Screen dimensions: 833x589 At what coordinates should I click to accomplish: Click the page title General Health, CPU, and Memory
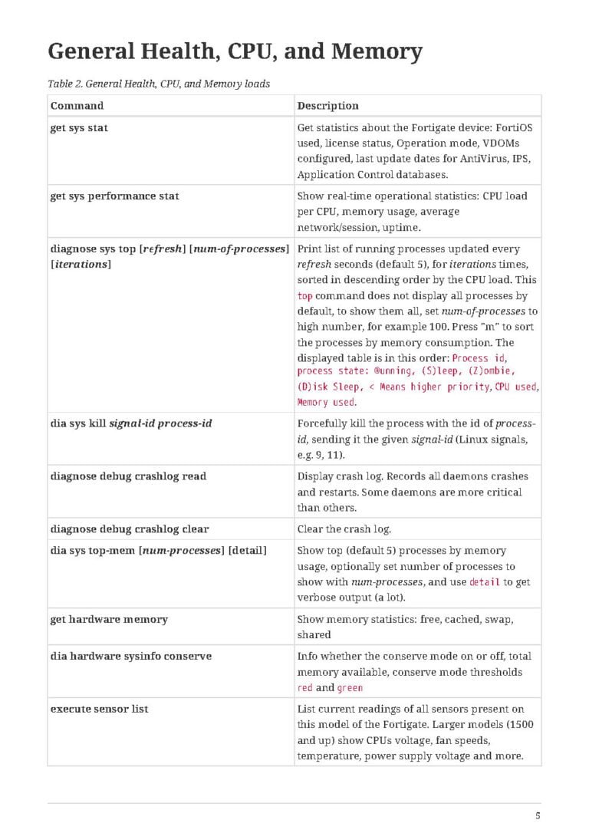pos(235,51)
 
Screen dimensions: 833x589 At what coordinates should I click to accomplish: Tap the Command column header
pos(77,105)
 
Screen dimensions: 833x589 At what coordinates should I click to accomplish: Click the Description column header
pos(327,105)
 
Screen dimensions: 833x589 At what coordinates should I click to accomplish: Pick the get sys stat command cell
pos(79,128)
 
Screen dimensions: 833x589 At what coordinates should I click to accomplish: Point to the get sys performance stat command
pos(114,196)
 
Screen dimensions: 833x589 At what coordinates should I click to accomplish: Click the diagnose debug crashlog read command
pos(128,476)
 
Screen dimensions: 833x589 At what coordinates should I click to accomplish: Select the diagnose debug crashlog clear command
pos(130,529)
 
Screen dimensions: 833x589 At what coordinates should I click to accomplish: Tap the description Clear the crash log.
pos(344,529)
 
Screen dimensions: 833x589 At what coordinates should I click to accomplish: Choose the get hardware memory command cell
pos(109,619)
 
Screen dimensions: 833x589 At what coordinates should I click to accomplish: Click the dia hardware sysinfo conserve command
pos(131,657)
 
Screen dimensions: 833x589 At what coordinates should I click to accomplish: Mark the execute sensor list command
pos(99,709)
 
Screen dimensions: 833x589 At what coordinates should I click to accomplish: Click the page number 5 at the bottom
pos(538,816)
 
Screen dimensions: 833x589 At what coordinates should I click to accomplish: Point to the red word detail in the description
pos(485,582)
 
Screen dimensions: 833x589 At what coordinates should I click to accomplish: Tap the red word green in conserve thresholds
pos(350,688)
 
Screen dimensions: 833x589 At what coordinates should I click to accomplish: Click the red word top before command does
pos(304,296)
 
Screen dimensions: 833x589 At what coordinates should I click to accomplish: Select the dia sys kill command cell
pos(131,423)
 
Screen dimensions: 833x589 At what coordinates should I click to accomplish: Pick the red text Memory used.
pos(326,403)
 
